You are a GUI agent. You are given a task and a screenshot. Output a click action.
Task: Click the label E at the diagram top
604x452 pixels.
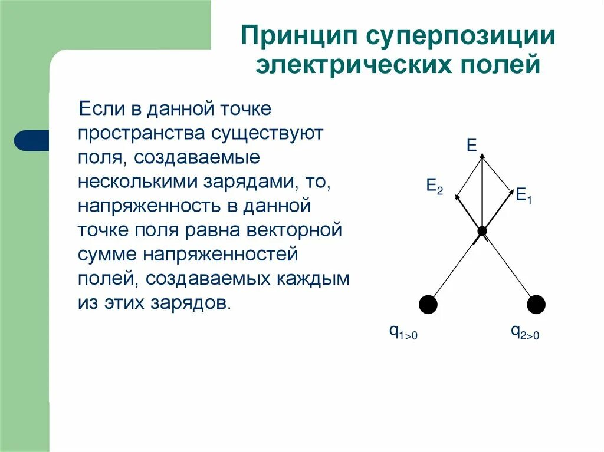pos(472,146)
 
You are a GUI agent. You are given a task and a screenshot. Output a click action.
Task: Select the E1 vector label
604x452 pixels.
pos(524,194)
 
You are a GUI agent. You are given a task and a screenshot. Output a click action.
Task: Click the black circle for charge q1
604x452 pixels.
pos(428,305)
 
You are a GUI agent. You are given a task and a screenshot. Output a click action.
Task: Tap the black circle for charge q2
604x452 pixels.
pos(536,305)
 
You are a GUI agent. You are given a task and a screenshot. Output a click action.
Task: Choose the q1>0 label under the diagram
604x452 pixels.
pos(403,333)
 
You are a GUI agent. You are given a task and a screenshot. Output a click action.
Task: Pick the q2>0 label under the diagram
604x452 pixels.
pos(525,333)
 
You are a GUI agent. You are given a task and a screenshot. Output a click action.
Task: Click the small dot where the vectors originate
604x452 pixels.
pos(482,231)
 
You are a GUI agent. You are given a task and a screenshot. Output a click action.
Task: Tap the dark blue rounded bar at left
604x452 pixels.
pos(31,141)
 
